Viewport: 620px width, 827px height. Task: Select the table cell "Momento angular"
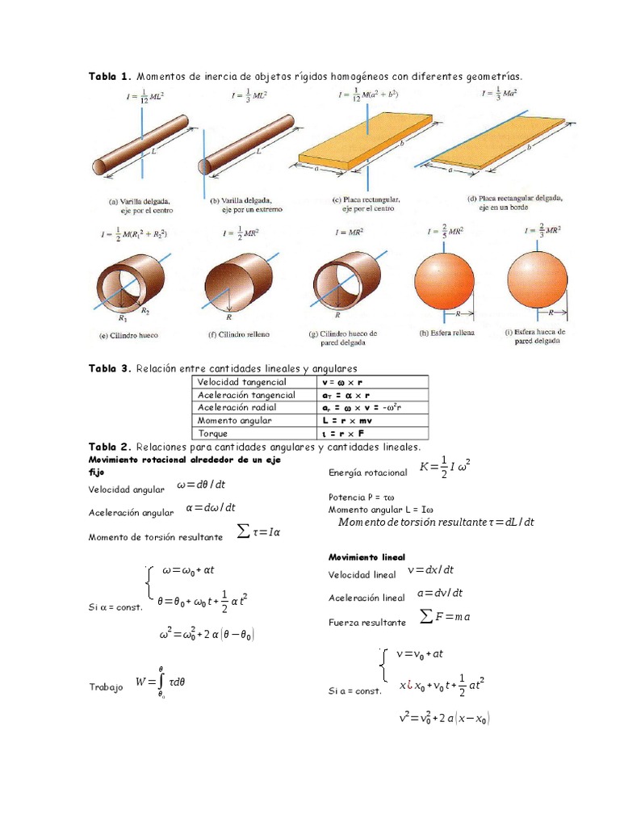(235, 421)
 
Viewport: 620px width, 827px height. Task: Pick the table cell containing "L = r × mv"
(346, 421)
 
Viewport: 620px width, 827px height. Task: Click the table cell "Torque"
(214, 434)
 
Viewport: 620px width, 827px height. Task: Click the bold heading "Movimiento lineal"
(367, 557)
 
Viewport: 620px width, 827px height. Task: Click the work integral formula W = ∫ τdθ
(161, 682)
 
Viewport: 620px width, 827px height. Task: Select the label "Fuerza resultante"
(367, 623)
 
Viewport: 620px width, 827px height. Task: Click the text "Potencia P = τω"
(362, 497)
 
